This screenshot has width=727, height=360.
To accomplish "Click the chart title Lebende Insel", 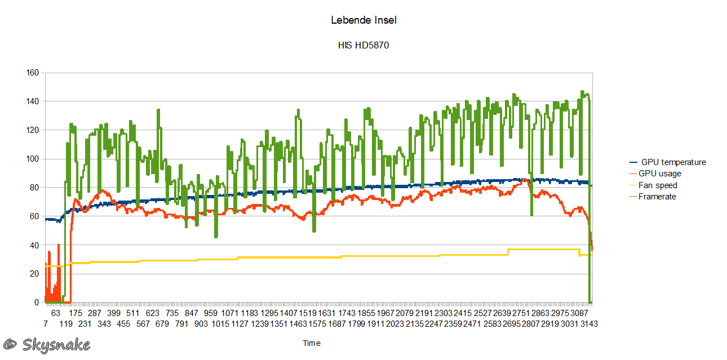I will coord(363,20).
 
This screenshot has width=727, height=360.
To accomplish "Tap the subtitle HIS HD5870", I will coord(363,46).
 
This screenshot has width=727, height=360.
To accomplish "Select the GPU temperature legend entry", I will coord(673,162).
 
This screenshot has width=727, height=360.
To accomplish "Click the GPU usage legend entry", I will coord(659,174).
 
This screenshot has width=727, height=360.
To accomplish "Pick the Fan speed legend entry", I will coord(658,185).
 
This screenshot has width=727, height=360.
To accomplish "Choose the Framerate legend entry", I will coord(657,197).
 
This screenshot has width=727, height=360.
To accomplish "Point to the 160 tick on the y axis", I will coord(32,73).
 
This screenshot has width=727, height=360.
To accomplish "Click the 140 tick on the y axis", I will coord(32,101).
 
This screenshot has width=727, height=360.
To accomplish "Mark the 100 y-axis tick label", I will coord(32,159).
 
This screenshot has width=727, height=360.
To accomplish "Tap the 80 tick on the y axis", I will coord(34,188).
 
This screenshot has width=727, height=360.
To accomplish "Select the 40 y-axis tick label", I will coord(34,245).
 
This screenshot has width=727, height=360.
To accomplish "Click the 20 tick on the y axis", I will coord(34,274).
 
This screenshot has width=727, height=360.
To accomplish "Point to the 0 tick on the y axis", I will coord(37,303).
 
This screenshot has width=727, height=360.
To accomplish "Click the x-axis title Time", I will coord(312,343).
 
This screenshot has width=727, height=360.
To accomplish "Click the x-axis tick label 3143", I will coord(589,324).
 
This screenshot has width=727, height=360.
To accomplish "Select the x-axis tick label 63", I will coord(55,313).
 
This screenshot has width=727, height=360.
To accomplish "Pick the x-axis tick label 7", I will coord(45,324).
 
